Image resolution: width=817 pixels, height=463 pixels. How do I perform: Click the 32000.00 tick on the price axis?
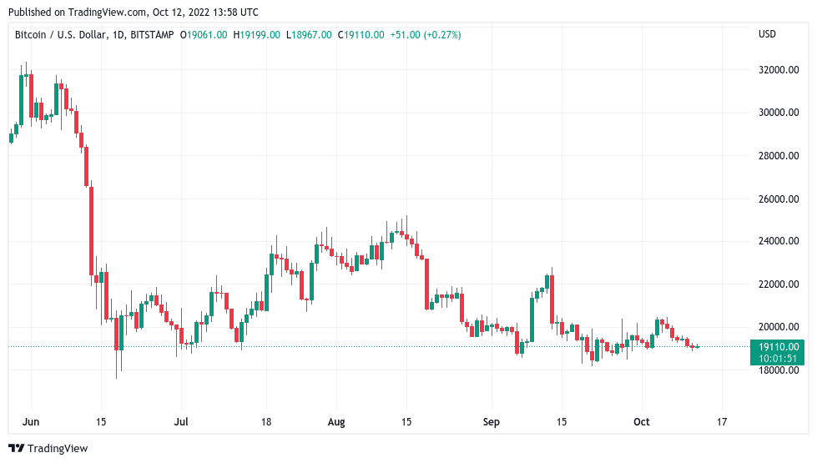click(778, 70)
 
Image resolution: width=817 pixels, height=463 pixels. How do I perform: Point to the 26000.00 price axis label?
click(778, 199)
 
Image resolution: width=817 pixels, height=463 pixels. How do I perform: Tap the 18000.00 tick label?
click(778, 370)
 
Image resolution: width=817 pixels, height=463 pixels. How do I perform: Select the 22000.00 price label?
click(778, 284)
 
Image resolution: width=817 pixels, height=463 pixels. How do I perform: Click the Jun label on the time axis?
click(31, 422)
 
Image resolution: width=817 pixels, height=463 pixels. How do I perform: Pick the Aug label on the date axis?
click(336, 422)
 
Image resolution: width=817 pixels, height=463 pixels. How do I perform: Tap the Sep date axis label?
click(491, 422)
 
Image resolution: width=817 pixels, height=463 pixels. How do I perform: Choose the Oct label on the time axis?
click(641, 422)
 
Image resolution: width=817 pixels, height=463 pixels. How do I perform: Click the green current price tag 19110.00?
click(779, 346)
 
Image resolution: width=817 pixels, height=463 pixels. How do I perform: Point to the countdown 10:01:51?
click(779, 358)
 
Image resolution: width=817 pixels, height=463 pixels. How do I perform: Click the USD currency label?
click(767, 34)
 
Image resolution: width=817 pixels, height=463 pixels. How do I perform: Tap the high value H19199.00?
click(256, 34)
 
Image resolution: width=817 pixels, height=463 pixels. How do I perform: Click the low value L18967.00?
click(309, 34)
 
